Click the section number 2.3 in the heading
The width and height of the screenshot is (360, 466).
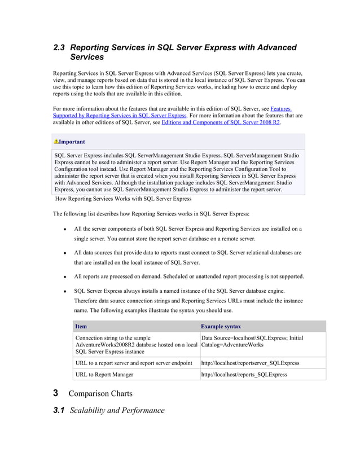(59, 47)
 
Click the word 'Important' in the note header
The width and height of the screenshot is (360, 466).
(72, 142)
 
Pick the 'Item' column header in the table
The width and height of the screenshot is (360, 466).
(81, 326)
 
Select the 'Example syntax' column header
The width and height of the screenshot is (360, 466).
(221, 326)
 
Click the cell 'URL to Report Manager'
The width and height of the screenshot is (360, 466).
(104, 375)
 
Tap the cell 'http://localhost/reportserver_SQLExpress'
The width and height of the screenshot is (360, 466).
(250, 363)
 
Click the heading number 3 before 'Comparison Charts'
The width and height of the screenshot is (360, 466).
(55, 393)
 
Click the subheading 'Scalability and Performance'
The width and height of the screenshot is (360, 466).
(117, 410)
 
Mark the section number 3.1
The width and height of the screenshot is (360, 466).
(59, 410)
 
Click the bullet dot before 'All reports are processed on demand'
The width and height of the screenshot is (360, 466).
(65, 277)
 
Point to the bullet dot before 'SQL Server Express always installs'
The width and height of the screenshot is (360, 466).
(65, 291)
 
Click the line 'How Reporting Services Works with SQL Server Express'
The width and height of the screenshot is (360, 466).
(123, 199)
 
